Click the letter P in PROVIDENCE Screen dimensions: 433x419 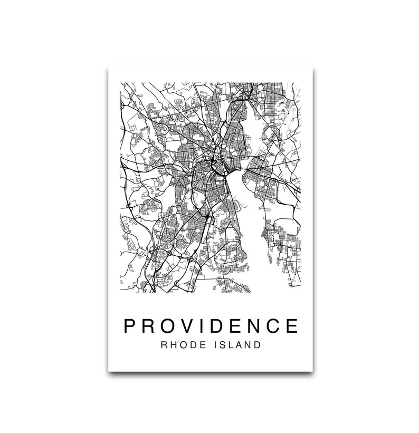click(130, 325)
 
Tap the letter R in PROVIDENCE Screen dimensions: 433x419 click(149, 325)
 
